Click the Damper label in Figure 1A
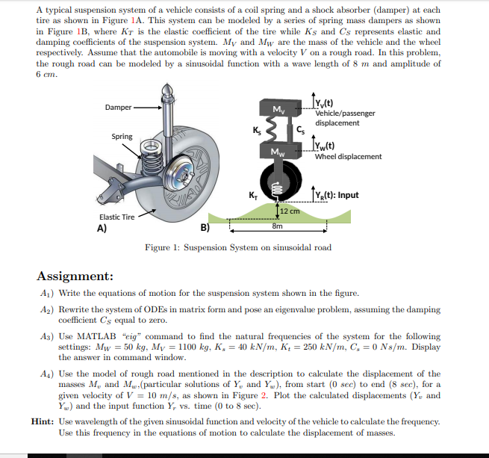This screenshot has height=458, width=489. click(118, 108)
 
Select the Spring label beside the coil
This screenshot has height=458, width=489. click(122, 137)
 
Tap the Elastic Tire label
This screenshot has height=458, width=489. click(117, 217)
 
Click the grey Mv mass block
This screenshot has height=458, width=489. click(279, 111)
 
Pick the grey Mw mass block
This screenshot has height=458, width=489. click(279, 154)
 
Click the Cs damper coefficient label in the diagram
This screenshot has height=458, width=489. click(301, 131)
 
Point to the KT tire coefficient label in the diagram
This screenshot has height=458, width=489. click(252, 196)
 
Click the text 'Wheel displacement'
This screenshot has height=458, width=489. click(348, 157)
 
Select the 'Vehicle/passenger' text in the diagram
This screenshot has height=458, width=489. click(345, 114)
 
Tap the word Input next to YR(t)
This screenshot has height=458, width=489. click(346, 196)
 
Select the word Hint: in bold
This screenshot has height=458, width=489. click(43, 421)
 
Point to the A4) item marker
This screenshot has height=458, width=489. click(46, 374)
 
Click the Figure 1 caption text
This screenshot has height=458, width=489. click(238, 247)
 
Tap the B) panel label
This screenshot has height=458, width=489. click(205, 229)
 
